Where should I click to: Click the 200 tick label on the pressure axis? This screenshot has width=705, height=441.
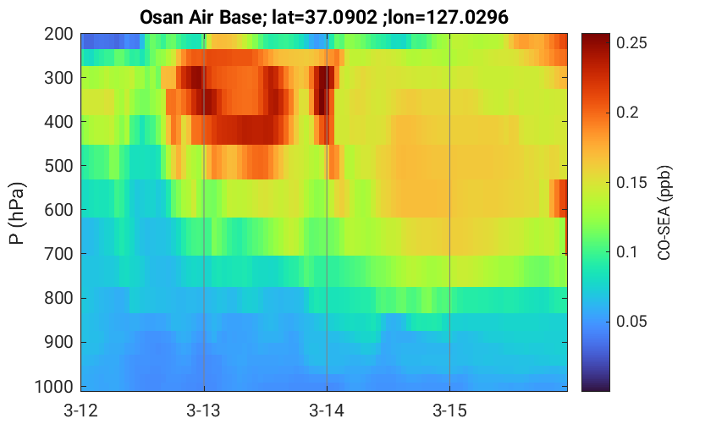[x=58, y=34]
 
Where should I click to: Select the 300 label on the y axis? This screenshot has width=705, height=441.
[x=58, y=78]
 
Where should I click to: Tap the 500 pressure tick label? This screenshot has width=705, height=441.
[x=58, y=166]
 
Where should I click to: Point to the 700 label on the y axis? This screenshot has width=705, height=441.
[x=58, y=254]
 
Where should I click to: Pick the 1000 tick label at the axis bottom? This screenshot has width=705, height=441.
[x=54, y=386]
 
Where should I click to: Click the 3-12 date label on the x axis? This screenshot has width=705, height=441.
[x=81, y=411]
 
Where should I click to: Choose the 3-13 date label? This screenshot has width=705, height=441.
[x=204, y=411]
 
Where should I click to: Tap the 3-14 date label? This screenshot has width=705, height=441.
[x=327, y=411]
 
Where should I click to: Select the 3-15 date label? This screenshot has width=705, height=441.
[x=449, y=411]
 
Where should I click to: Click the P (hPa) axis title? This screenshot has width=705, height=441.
[x=17, y=213]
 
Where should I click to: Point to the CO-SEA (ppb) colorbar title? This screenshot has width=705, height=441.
[x=664, y=212]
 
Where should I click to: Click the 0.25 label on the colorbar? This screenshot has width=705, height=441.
[x=631, y=42]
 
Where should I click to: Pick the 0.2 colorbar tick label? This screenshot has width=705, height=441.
[x=627, y=113]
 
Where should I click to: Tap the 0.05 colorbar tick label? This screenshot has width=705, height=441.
[x=631, y=322]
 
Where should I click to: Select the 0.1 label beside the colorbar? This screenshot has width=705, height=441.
[x=627, y=251]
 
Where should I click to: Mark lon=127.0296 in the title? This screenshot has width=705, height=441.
[x=449, y=18]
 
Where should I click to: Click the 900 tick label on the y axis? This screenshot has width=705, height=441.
[x=58, y=342]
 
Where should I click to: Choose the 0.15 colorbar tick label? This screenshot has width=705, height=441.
[x=631, y=182]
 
